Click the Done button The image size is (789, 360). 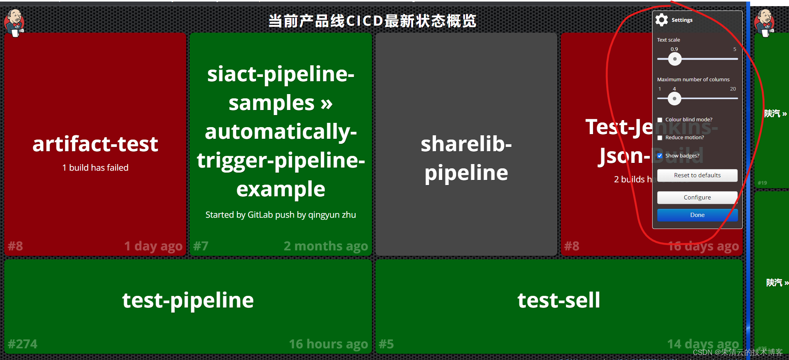pyautogui.click(x=697, y=215)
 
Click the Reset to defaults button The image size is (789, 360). pyautogui.click(x=697, y=175)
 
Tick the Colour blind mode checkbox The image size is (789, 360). pyautogui.click(x=660, y=120)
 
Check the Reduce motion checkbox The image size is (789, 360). pyautogui.click(x=660, y=138)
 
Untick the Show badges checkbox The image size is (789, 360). pyautogui.click(x=660, y=156)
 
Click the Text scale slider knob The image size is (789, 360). pyautogui.click(x=675, y=59)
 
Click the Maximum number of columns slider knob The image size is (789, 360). pyautogui.click(x=674, y=99)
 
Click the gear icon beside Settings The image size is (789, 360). pyautogui.click(x=662, y=20)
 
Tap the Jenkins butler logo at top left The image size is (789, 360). pyautogui.click(x=14, y=22)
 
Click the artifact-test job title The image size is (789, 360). pyautogui.click(x=95, y=144)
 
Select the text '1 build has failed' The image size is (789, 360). pyautogui.click(x=95, y=168)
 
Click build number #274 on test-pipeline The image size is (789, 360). pyautogui.click(x=23, y=344)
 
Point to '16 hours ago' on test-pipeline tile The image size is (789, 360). pyautogui.click(x=328, y=344)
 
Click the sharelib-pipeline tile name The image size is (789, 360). pyautogui.click(x=466, y=158)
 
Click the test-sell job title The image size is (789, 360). pyautogui.click(x=559, y=300)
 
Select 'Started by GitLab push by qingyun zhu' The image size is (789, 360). pyautogui.click(x=281, y=215)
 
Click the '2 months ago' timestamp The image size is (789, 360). pyautogui.click(x=326, y=246)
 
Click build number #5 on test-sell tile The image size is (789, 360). pyautogui.click(x=386, y=344)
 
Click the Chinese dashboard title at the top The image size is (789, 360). pyautogui.click(x=372, y=21)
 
